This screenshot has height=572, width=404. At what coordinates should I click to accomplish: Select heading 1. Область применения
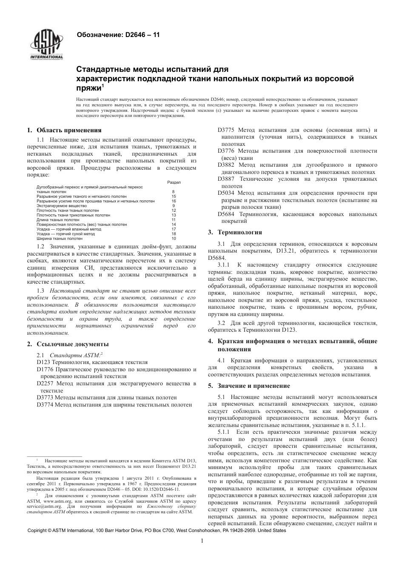[x=64, y=130]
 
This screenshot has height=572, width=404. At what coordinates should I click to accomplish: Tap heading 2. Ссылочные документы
[x=68, y=344]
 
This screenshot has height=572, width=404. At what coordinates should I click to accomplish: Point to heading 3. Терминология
[x=235, y=232]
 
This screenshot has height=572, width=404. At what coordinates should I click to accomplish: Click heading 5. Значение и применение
[x=249, y=386]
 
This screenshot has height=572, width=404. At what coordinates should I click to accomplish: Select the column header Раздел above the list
[x=174, y=182]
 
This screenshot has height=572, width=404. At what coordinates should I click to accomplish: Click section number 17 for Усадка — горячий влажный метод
[x=174, y=229]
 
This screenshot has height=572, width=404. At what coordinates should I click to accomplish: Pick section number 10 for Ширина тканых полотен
[x=174, y=239]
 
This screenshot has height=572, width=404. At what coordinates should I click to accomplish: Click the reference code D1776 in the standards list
[x=45, y=370]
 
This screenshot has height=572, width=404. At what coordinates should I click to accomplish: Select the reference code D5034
[x=226, y=193]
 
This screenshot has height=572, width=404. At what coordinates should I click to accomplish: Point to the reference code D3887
[x=226, y=179]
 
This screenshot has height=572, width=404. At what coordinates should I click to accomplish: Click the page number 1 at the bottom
[x=202, y=541]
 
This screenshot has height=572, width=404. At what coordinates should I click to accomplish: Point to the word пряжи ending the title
[x=88, y=88]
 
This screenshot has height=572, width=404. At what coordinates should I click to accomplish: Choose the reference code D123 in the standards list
[x=43, y=362]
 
